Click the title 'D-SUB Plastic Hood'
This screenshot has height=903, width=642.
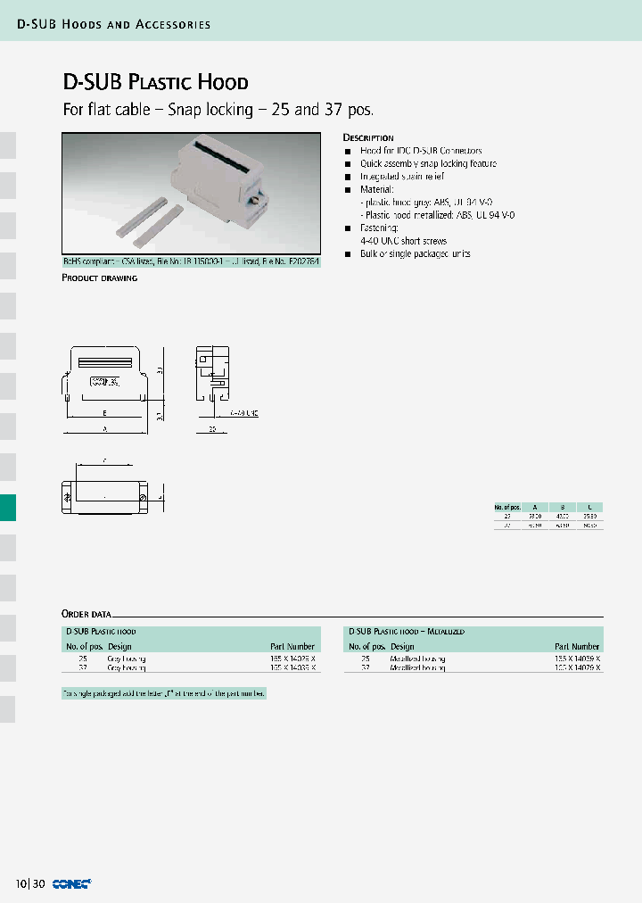coord(155,82)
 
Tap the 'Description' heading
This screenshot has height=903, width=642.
coord(368,137)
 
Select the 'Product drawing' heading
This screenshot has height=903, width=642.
coord(99,278)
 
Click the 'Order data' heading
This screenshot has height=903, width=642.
coord(86,614)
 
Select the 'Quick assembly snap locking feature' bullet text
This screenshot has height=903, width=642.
coord(428,164)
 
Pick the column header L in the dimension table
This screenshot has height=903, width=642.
coord(589,506)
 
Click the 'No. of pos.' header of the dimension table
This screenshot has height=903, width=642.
coord(508,506)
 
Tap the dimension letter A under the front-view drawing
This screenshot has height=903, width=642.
coord(105,429)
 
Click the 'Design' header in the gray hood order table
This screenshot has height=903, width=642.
coord(119,646)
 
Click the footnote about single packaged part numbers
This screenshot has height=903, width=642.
coord(163,692)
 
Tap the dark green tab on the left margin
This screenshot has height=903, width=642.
coord(8,508)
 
